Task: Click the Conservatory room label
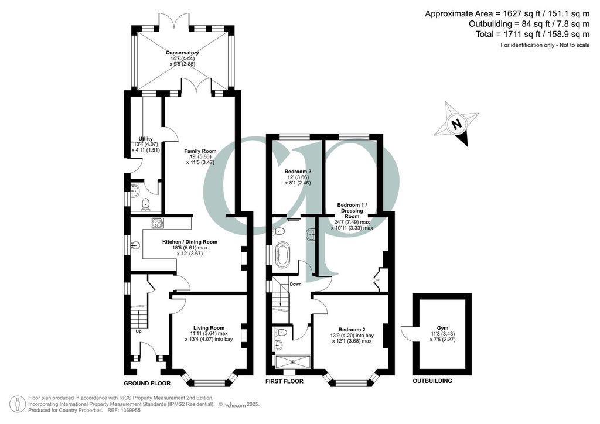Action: coord(182,53)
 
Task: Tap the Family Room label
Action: coord(200,151)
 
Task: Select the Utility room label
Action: coord(146,139)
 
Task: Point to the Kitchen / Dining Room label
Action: coord(190,242)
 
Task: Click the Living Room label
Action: coord(209,328)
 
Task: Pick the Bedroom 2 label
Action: coord(352,330)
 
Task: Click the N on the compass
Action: coord(456,125)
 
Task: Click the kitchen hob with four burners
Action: coord(158,223)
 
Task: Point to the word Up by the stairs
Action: coord(138,331)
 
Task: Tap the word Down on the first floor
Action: coord(295,284)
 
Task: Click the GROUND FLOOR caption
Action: coord(147,383)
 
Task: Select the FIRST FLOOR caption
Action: coord(285,381)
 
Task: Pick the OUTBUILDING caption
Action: coord(432,381)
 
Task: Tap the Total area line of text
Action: coord(533,34)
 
